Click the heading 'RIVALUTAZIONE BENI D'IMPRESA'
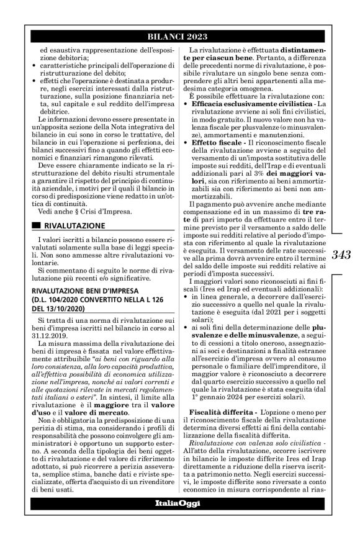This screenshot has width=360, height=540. click(x=83, y=289)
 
